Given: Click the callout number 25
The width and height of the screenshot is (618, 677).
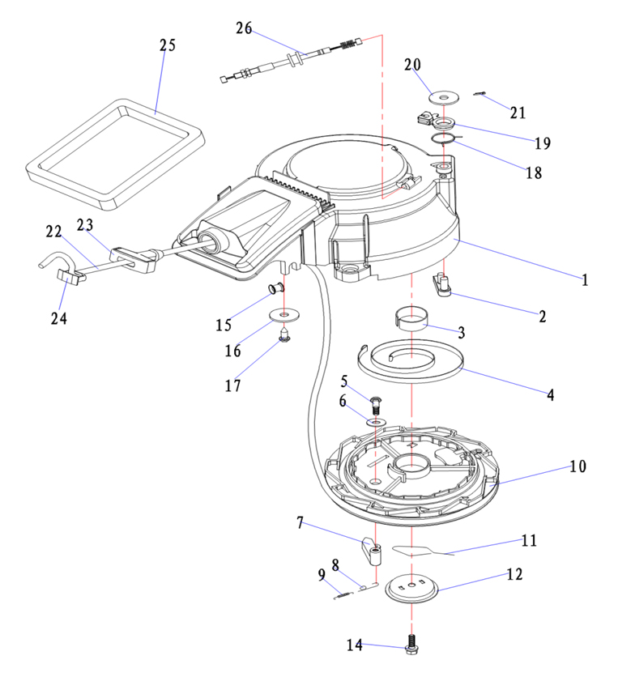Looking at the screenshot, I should click(x=167, y=45).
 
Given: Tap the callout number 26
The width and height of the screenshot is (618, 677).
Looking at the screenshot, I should click(x=244, y=28).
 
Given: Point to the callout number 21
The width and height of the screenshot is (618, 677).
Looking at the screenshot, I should click(x=518, y=113).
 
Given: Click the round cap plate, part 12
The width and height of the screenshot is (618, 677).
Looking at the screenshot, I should click(x=412, y=588).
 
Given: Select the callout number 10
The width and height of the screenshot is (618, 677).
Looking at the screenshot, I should click(x=577, y=466).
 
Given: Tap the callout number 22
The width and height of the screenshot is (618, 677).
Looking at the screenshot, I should click(x=54, y=232).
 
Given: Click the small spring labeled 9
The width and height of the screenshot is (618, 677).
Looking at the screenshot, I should click(x=343, y=596).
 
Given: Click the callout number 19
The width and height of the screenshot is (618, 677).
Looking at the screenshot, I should click(x=543, y=143).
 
